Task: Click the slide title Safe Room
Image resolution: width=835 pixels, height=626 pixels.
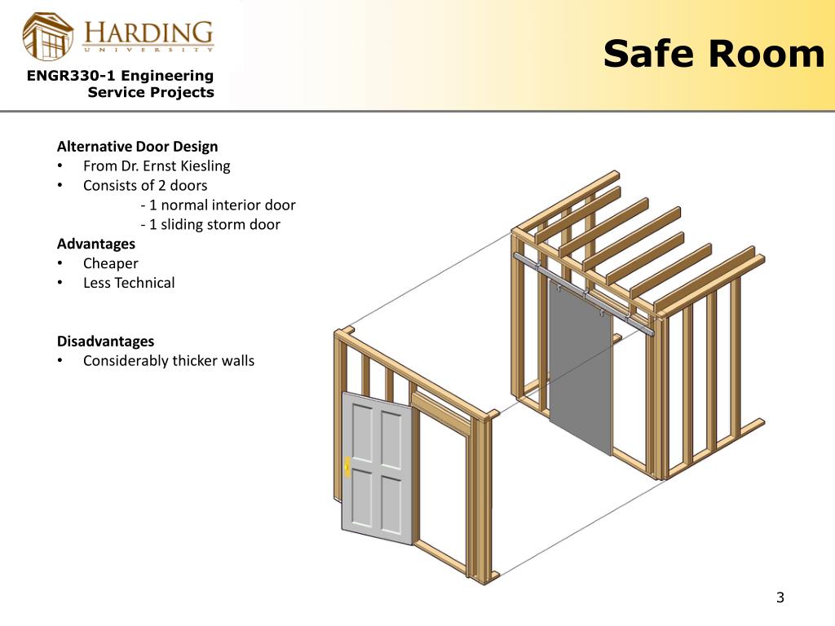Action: (x=714, y=54)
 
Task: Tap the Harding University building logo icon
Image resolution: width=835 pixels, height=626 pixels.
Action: (x=48, y=36)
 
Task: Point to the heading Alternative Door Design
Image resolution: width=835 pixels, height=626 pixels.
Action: (x=137, y=147)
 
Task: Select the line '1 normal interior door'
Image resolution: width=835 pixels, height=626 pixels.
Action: (x=218, y=205)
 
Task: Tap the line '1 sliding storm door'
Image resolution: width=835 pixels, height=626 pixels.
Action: (x=210, y=225)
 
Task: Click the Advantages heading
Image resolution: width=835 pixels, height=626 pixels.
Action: (x=96, y=244)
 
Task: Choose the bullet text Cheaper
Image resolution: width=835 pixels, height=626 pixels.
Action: (x=111, y=263)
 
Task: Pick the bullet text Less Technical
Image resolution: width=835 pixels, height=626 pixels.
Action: (x=129, y=283)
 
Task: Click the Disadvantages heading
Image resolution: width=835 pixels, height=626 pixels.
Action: (x=105, y=341)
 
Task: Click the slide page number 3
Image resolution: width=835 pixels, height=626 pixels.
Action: (x=780, y=597)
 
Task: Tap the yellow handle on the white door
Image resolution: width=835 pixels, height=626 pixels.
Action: (x=348, y=466)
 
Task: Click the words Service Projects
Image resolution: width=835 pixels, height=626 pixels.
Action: (x=151, y=92)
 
